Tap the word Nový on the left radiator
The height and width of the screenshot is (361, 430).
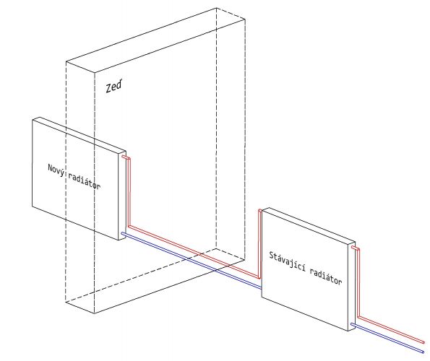coord(56,170)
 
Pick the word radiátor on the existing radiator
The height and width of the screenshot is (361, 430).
coord(326,276)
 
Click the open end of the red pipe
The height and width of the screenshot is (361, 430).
coord(423,342)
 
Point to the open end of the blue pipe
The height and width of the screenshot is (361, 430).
coord(423,352)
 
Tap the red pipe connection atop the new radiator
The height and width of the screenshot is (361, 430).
coord(125,157)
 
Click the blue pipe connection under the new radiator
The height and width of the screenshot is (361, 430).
coord(123,233)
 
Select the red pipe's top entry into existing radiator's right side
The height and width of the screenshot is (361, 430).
coord(355,248)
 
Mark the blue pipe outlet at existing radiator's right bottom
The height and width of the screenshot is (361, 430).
coord(353,325)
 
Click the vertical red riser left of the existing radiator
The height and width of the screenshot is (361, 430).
coord(259,244)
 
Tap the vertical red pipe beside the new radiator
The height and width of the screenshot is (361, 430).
coord(129,192)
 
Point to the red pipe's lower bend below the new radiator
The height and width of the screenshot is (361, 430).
coord(129,227)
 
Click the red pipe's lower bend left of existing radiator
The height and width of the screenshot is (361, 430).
coord(259,278)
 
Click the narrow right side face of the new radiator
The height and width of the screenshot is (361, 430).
coord(122,196)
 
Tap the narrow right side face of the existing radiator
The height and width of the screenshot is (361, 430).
coord(352,286)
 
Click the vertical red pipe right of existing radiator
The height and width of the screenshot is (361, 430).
coord(358,283)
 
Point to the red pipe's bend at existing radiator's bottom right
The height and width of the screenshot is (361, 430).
coord(358,317)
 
